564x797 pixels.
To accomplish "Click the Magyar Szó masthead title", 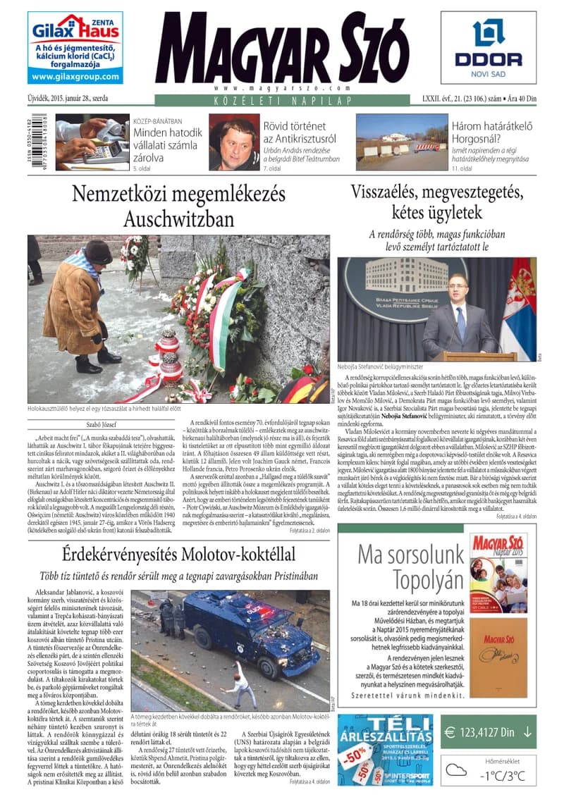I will click(281, 47).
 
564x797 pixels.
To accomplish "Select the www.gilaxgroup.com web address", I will click(75, 76).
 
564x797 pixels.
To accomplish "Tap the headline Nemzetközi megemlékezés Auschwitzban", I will click(178, 205).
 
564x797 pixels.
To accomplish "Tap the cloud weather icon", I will click(460, 770).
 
